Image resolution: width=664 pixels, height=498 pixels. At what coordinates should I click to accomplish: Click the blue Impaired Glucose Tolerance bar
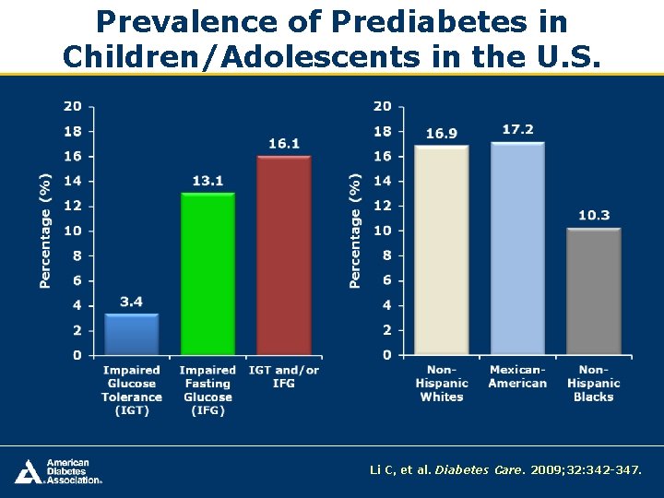click(132, 334)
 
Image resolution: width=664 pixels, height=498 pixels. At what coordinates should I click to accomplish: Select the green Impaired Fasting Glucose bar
click(207, 274)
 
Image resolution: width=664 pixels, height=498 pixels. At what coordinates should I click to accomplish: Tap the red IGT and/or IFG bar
click(284, 255)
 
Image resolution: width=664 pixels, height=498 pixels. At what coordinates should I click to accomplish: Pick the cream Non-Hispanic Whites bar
click(442, 250)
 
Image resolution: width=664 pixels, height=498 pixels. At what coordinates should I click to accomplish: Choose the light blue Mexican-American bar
click(517, 248)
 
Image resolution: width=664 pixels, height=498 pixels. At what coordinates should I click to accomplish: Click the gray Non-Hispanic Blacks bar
click(593, 291)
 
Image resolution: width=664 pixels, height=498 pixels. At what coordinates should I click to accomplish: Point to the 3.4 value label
click(132, 302)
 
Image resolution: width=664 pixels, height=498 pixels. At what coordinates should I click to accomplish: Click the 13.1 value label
click(207, 181)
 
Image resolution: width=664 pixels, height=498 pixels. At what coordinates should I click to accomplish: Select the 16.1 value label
click(284, 144)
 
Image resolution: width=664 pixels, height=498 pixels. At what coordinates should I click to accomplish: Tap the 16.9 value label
click(442, 134)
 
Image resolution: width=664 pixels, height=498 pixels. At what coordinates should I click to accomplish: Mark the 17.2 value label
click(517, 130)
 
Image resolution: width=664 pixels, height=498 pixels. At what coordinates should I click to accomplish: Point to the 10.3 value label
click(594, 216)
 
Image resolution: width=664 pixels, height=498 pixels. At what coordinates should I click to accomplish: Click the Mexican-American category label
click(517, 376)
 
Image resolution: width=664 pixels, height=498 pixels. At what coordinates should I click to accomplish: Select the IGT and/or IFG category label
click(284, 376)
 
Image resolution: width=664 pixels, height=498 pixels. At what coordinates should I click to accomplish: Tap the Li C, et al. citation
click(504, 470)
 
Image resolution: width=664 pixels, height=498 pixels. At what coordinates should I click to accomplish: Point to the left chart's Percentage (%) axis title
click(45, 231)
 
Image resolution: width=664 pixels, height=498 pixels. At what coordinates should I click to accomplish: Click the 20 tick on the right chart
click(383, 107)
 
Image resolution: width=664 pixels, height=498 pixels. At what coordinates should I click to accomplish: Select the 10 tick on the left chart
click(72, 231)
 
